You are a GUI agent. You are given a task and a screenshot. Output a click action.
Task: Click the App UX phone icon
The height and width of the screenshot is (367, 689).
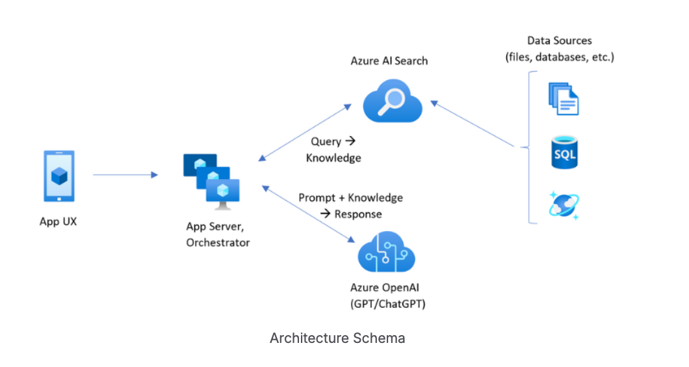[x=58, y=176]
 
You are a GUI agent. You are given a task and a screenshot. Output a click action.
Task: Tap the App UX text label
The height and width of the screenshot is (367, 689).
[x=58, y=221]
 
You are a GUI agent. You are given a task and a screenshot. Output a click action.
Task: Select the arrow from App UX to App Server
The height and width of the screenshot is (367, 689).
[x=125, y=174]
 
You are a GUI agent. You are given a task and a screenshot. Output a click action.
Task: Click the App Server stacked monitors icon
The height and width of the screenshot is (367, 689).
[x=212, y=180]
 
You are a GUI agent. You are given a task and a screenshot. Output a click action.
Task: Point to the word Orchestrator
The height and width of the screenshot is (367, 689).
[x=218, y=243]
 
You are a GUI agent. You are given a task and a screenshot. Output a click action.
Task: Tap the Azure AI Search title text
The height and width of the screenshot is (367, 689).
[x=389, y=61]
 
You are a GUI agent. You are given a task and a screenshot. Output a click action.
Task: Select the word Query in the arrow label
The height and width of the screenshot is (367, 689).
[x=326, y=141]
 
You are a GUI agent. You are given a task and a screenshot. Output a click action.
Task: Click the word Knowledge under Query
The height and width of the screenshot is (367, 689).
[x=333, y=157]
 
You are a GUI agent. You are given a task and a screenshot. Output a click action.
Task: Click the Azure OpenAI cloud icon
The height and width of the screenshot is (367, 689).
[x=387, y=253]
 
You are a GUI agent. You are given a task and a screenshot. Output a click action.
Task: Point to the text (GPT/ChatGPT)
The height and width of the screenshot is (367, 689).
[x=388, y=303]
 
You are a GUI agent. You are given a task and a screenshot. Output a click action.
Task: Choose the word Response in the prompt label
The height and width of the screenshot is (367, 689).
[x=358, y=214]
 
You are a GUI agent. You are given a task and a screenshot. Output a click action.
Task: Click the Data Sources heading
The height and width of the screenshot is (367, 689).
[x=560, y=41]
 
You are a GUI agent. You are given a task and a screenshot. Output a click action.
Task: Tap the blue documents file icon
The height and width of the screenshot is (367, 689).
[x=563, y=99]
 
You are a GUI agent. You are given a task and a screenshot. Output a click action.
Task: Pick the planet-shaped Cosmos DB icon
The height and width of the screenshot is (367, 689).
[x=564, y=204]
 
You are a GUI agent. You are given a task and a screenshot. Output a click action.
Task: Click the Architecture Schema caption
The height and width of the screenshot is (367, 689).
[x=337, y=338]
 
